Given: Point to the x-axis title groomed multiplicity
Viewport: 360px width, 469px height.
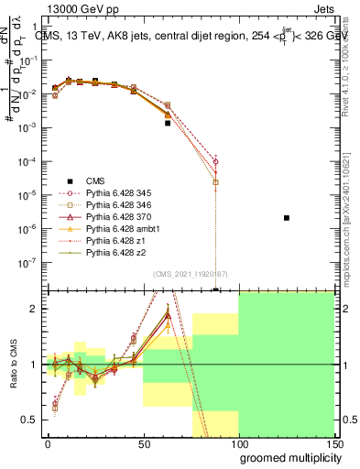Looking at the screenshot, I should pyautogui.click(x=289, y=456).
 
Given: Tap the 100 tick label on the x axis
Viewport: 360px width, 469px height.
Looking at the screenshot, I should pyautogui.click(x=239, y=442).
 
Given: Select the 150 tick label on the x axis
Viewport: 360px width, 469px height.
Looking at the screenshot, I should pyautogui.click(x=334, y=442).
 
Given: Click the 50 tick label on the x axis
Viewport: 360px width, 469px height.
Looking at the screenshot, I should pyautogui.click(x=144, y=442).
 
